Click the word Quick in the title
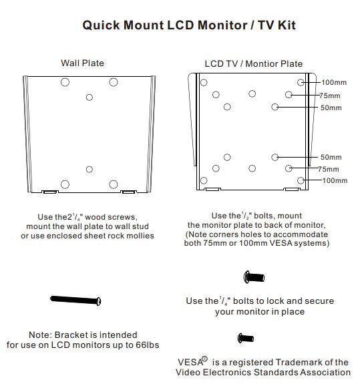click(101, 25)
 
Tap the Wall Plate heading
click(82, 63)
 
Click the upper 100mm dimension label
click(334, 82)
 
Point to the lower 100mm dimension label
click(335, 180)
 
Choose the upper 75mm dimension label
click(330, 95)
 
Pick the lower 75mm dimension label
click(329, 169)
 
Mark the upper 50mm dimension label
click(331, 108)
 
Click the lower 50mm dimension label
click(331, 157)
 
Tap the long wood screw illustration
click(75, 300)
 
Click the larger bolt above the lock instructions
click(254, 277)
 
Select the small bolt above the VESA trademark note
click(246, 338)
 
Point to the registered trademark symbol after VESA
click(204, 359)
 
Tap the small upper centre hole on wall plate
click(89, 98)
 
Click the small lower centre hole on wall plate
click(89, 170)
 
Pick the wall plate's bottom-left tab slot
click(49, 192)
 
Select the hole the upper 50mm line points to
click(275, 107)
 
